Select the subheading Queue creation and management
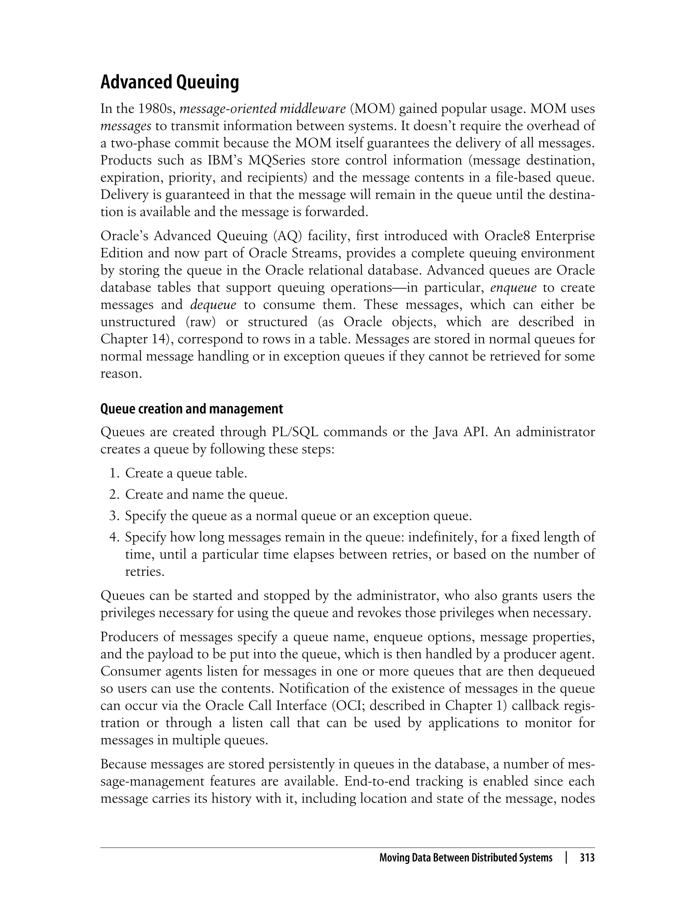192,409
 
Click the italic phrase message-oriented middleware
263,109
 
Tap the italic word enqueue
513,287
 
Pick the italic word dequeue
213,305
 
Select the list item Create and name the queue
206,495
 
